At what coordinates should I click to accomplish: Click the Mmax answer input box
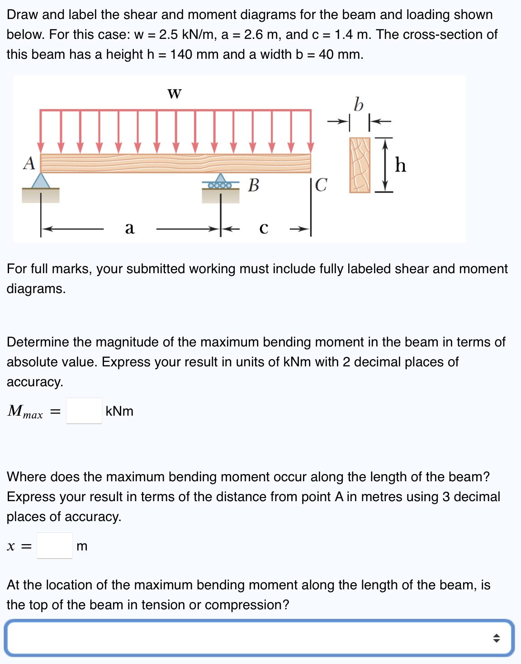(84, 411)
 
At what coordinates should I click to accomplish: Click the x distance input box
(55, 545)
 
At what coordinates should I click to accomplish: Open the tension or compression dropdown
(260, 638)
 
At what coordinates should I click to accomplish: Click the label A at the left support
(29, 163)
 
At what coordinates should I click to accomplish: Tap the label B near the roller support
(254, 185)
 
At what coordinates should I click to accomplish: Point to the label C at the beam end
(321, 185)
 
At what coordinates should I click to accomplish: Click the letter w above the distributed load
(175, 94)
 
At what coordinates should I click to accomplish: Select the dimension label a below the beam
(130, 228)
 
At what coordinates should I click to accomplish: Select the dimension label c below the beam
(264, 228)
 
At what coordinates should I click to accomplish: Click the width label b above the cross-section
(358, 104)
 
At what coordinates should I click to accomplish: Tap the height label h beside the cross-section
(400, 165)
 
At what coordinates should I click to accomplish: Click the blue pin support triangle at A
(41, 181)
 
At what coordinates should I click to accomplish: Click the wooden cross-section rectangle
(360, 165)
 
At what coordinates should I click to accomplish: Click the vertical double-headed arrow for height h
(384, 165)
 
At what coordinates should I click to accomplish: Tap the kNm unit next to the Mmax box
(119, 411)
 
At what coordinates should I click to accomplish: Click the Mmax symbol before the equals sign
(25, 411)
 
